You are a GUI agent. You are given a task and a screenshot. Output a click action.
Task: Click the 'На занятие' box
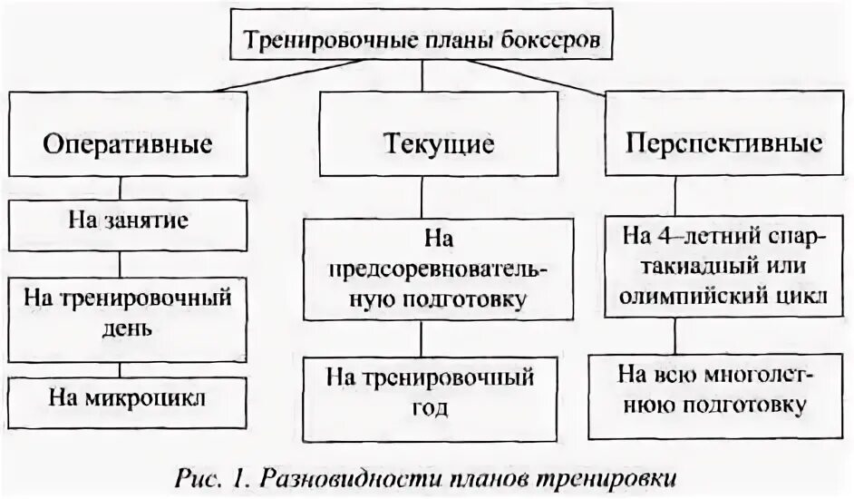128,222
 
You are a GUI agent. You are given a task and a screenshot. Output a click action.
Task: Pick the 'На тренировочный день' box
128,311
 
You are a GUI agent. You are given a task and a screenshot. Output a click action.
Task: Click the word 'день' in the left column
128,327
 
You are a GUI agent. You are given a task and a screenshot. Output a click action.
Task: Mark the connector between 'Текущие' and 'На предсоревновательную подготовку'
420,197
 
